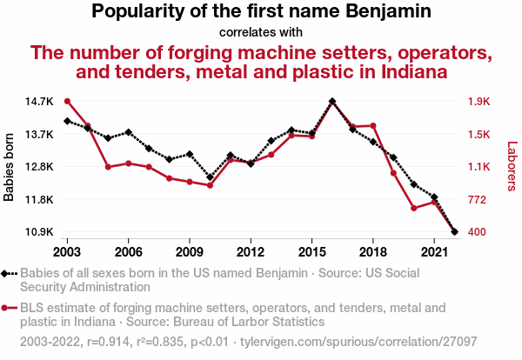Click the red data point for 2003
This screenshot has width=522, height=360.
tap(68, 102)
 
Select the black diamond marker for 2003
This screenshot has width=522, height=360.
tap(68, 121)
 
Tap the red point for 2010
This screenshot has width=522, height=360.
tap(210, 185)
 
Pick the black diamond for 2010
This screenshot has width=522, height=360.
tap(210, 177)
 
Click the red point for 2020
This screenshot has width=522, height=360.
tap(414, 209)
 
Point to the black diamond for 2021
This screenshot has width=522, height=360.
tap(434, 198)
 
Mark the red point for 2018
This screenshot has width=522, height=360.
tap(373, 126)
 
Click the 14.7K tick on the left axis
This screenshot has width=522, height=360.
tap(40, 102)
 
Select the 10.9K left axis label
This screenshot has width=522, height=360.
tap(40, 232)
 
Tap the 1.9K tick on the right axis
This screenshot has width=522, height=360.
tap(479, 102)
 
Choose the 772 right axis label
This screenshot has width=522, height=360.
tap(478, 200)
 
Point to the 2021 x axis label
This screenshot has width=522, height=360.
tap(434, 251)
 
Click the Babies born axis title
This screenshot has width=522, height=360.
tap(10, 167)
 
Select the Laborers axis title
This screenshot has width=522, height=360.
tap(512, 167)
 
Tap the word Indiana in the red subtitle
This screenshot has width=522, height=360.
tap(407, 71)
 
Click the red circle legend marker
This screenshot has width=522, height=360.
tap(7, 308)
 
